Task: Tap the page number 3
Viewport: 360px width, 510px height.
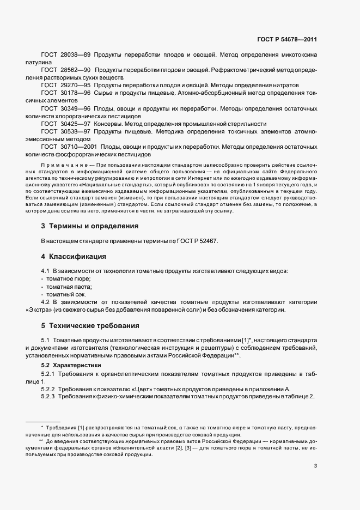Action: [x=315, y=465]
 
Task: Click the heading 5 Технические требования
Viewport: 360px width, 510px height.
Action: [x=90, y=326]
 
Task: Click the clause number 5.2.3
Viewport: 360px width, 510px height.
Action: [x=51, y=396]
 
